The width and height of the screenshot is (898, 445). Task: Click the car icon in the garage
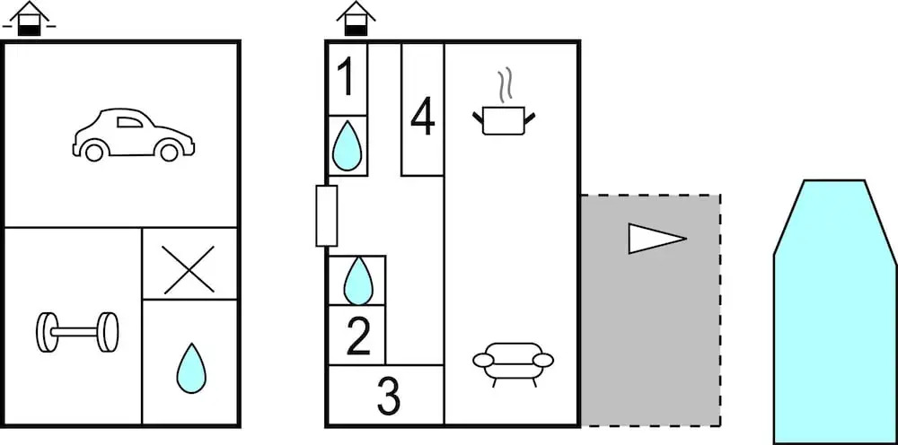click(134, 135)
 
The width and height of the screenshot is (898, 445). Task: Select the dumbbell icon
click(77, 331)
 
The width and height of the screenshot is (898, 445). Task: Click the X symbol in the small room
click(189, 269)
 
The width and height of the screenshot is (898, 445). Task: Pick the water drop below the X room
click(190, 368)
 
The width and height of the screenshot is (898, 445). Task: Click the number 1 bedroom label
click(346, 78)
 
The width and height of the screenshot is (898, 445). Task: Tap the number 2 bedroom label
click(357, 336)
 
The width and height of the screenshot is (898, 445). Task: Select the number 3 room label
click(388, 396)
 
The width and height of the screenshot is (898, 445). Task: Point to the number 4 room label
click(422, 118)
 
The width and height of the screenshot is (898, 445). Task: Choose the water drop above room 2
click(357, 280)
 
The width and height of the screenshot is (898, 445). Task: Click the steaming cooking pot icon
click(504, 118)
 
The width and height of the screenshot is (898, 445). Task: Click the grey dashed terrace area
click(649, 341)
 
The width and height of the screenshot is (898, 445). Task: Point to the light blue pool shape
click(834, 314)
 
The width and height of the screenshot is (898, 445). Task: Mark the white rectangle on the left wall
click(327, 215)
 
